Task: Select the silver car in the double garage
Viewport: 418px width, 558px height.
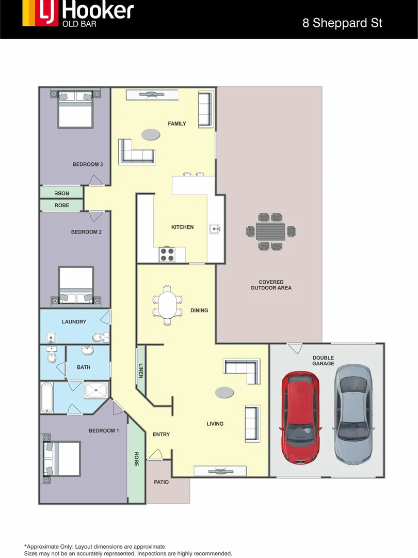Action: coord(353,413)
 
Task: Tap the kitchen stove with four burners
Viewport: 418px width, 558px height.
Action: coord(167,254)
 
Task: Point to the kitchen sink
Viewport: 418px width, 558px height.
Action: coord(215,228)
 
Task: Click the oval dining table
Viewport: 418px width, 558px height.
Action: coord(167,305)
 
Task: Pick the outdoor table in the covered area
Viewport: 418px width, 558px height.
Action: coord(271,231)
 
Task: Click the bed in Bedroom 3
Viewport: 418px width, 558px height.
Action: coord(75,110)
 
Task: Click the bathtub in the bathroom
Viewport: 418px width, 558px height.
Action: coord(47,397)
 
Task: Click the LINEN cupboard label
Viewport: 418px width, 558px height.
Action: coord(141,370)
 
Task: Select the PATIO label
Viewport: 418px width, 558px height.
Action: coord(161,482)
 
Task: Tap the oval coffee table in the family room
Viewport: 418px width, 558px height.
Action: coord(151,134)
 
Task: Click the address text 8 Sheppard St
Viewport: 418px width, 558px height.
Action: coord(342,23)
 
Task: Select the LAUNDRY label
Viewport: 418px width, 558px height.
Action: coord(74,322)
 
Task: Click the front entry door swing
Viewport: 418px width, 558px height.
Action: coord(155,455)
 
